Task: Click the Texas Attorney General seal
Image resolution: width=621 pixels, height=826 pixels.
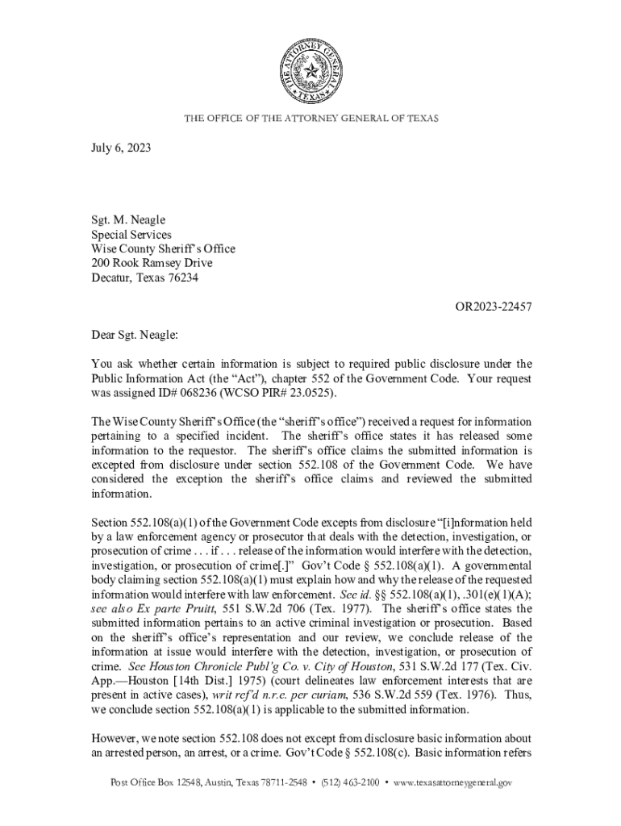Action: click(x=311, y=73)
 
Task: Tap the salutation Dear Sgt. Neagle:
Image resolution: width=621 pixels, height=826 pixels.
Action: click(x=133, y=335)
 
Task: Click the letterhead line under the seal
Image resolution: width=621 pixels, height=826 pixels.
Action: click(x=311, y=119)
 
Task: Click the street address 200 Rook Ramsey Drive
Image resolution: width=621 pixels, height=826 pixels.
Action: click(x=151, y=264)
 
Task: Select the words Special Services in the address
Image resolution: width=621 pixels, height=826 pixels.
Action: click(x=131, y=235)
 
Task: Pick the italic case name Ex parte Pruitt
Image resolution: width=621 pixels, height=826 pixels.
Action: click(x=194, y=609)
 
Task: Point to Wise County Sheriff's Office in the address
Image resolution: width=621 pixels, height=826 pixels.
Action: click(x=163, y=249)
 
